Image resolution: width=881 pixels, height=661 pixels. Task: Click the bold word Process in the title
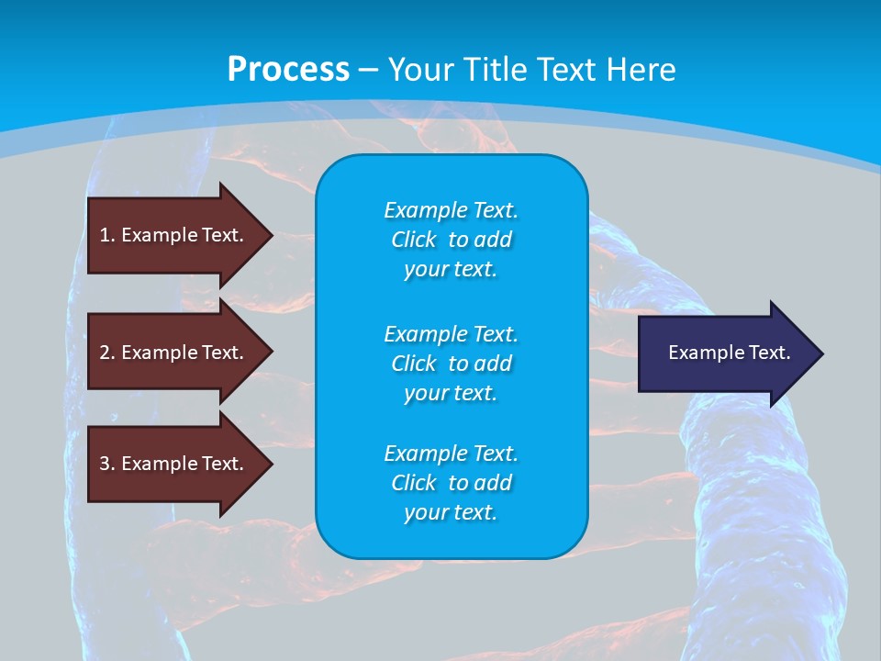pyautogui.click(x=288, y=70)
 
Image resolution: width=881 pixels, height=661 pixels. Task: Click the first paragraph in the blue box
pyautogui.click(x=451, y=240)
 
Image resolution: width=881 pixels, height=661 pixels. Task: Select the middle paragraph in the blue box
pyautogui.click(x=451, y=364)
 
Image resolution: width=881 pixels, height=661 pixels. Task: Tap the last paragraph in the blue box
pyautogui.click(x=451, y=483)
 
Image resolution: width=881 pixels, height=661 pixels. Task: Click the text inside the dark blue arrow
pyautogui.click(x=729, y=353)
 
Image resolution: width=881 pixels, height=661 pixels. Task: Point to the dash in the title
pyautogui.click(x=368, y=70)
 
